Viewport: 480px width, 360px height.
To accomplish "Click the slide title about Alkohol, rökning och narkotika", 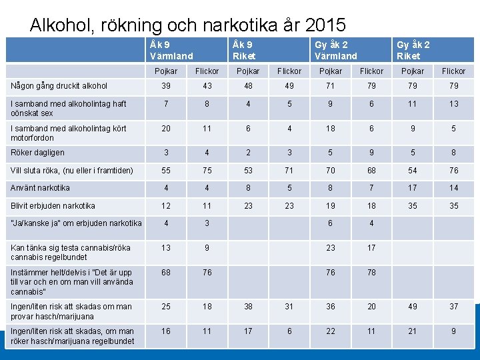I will (x=188, y=25).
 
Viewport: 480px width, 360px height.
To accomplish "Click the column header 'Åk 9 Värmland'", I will (x=171, y=50).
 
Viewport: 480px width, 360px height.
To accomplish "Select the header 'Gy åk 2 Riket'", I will (x=413, y=50).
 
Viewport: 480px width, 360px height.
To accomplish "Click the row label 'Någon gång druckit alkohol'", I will (x=59, y=86).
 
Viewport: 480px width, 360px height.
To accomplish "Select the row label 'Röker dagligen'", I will (x=38, y=153).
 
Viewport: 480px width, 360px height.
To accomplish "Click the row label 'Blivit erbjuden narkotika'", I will (x=53, y=206).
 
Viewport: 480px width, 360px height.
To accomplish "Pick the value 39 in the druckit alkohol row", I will (x=166, y=86).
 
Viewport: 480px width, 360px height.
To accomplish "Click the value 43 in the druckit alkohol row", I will (x=207, y=86).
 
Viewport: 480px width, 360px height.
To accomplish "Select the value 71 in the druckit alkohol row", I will (x=331, y=86).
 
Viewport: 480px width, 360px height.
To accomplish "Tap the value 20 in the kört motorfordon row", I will (x=166, y=128).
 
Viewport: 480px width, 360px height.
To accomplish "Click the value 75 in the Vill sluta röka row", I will (x=207, y=171).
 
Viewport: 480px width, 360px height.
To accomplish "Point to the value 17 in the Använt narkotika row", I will (x=413, y=188).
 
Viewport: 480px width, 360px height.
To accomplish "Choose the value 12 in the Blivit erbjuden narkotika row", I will (x=166, y=206).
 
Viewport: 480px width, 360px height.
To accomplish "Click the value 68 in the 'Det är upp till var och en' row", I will (x=166, y=272).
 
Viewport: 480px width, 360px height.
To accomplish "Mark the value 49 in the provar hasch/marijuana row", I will (x=413, y=307).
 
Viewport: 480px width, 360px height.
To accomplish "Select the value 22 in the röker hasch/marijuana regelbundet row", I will (x=331, y=331).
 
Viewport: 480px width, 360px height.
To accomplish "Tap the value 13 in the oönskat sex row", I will (x=454, y=104).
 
